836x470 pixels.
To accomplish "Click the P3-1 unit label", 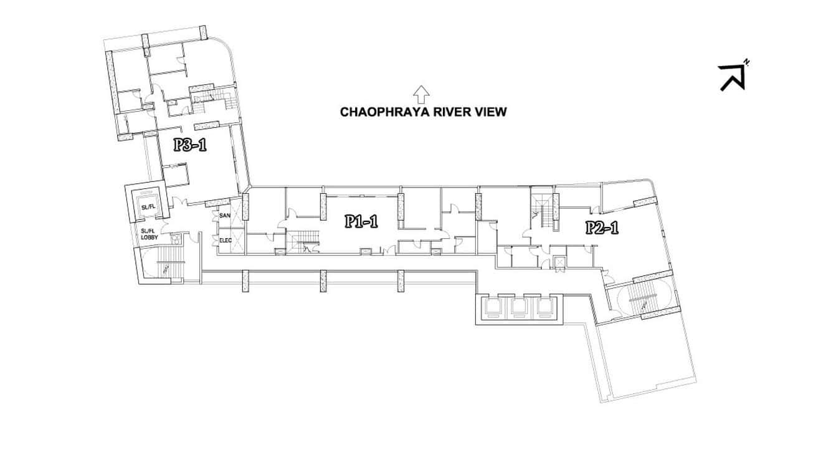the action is pyautogui.click(x=190, y=145).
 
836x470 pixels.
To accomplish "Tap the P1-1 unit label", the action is pyautogui.click(x=361, y=221).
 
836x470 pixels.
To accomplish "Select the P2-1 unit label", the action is pyautogui.click(x=602, y=228).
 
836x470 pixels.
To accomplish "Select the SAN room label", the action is pyautogui.click(x=225, y=216).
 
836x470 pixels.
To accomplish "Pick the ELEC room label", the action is pyautogui.click(x=226, y=240).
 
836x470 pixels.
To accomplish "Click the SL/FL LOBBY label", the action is pyautogui.click(x=150, y=234).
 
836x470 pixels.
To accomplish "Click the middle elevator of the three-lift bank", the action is pyautogui.click(x=519, y=308).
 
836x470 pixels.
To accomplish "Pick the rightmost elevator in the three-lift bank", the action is pyautogui.click(x=544, y=308).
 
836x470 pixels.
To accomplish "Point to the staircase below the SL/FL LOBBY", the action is pyautogui.click(x=163, y=263).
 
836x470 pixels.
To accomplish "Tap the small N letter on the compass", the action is pyautogui.click(x=746, y=62).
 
